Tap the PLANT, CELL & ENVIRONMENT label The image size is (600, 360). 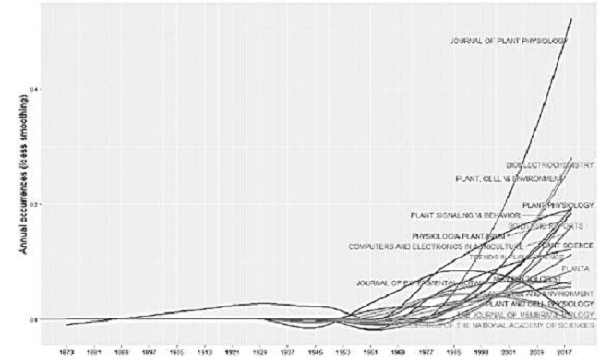510,178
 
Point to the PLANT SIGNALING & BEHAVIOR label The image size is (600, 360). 459,216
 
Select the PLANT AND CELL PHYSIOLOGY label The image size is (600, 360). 539,303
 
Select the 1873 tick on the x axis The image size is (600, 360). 67,352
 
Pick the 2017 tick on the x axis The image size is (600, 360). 567,352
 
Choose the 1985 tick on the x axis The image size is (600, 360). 454,352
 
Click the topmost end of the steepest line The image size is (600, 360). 571,19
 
